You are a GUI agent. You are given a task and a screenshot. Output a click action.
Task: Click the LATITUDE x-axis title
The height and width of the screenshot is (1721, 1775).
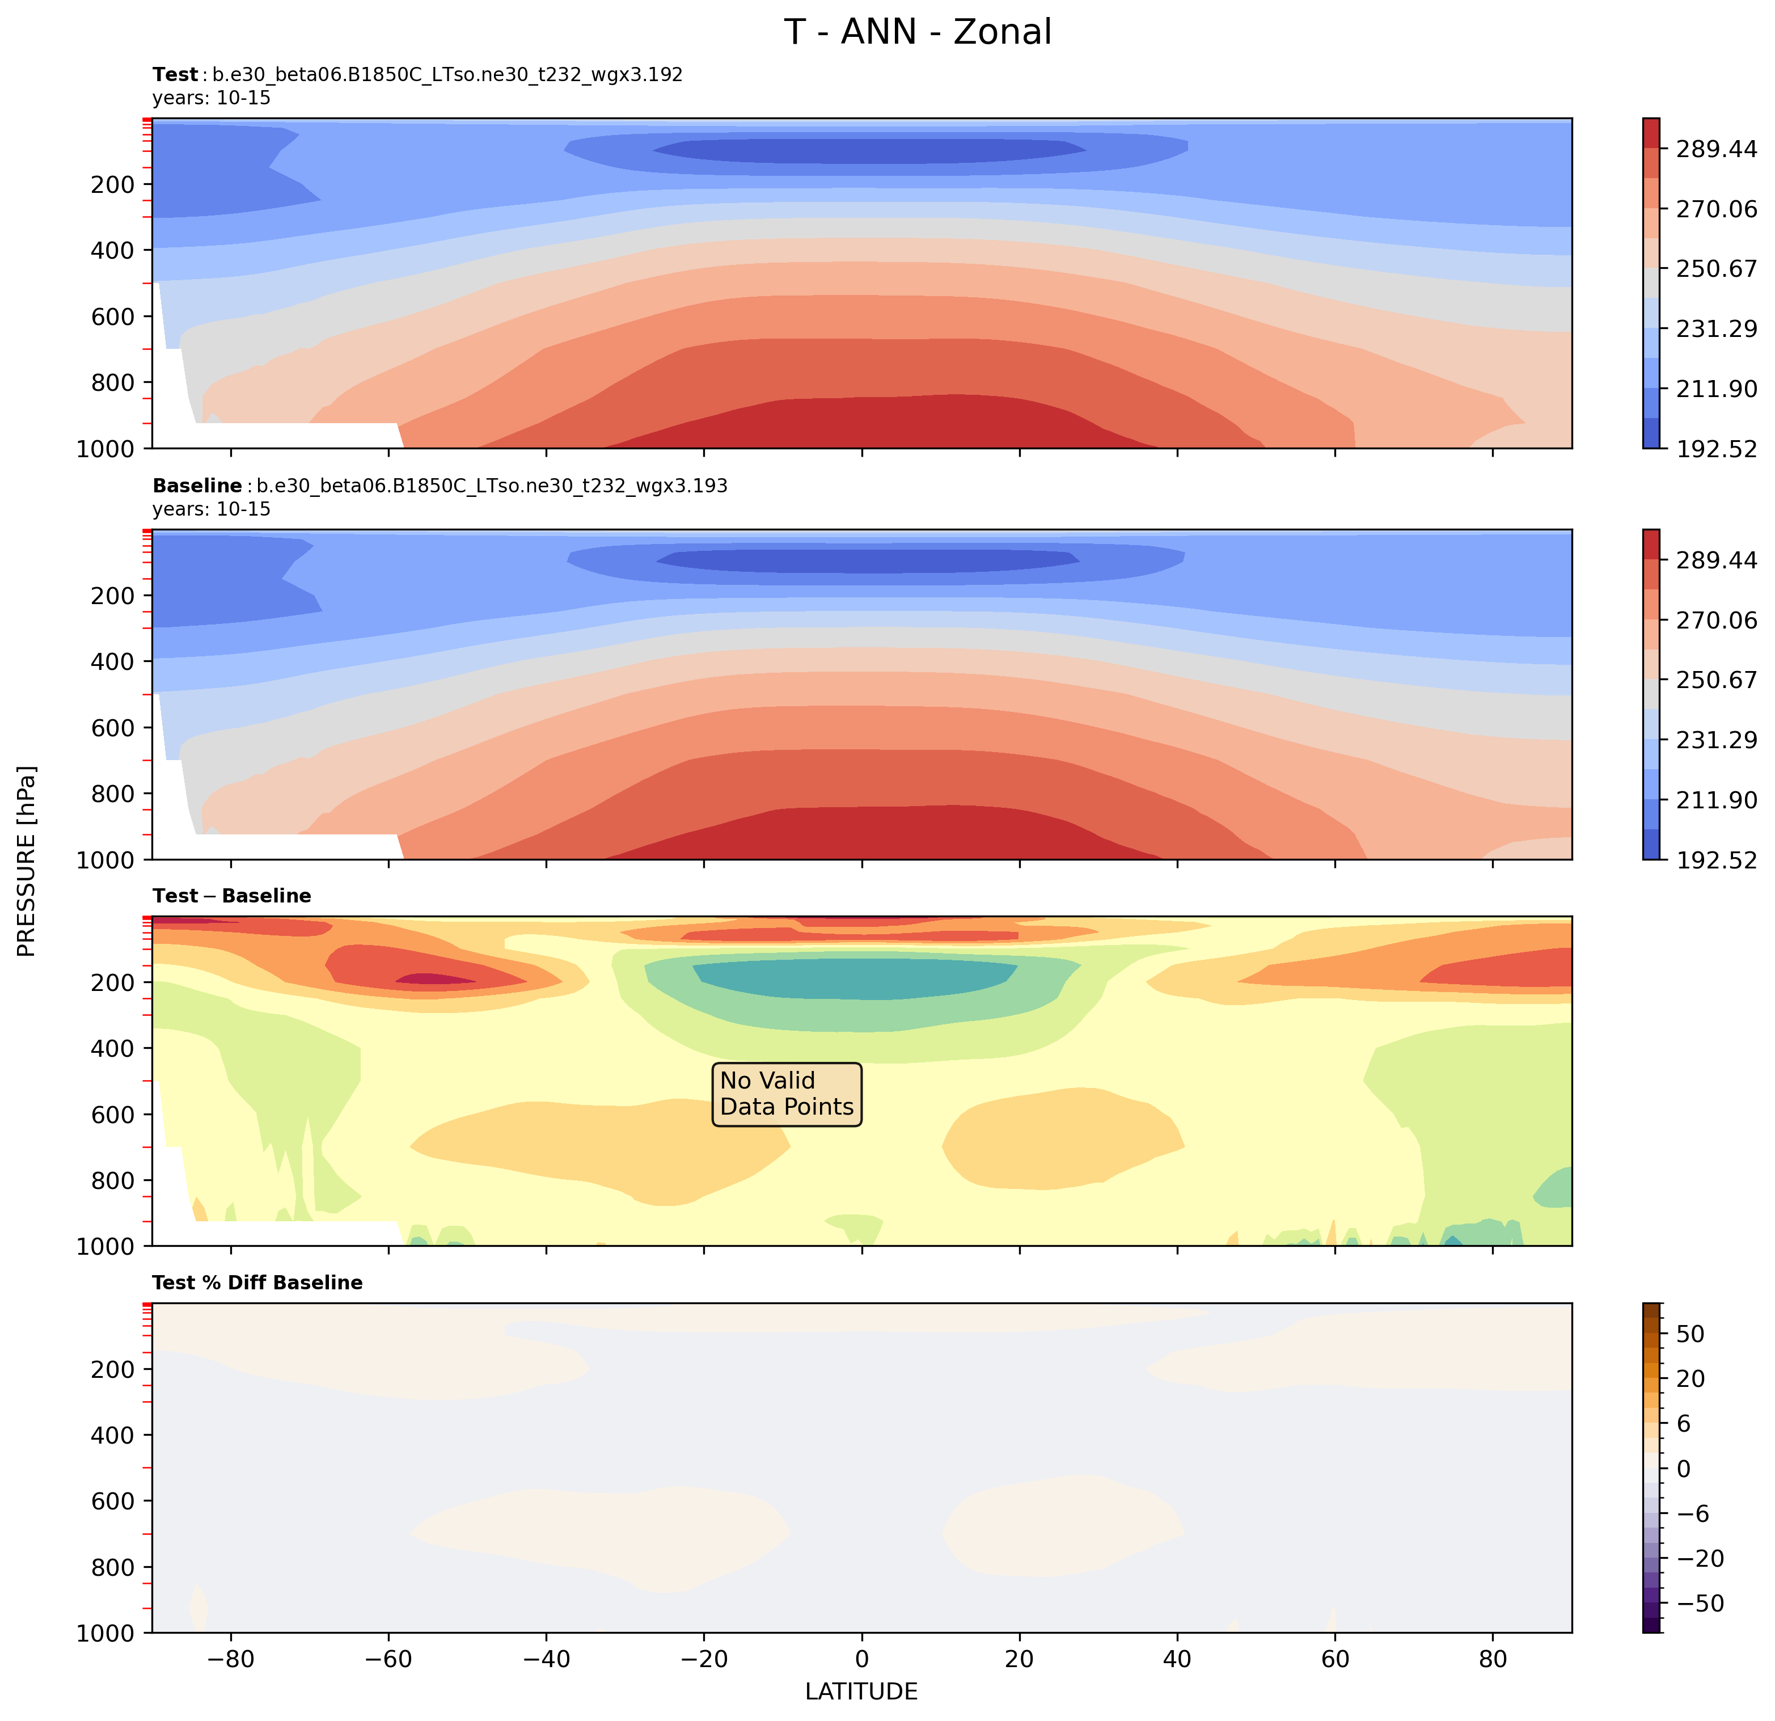pos(861,1691)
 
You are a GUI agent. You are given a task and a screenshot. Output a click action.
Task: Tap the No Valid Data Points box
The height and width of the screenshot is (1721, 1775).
pos(786,1094)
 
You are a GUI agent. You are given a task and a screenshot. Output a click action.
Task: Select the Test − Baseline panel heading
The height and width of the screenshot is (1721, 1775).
pos(232,896)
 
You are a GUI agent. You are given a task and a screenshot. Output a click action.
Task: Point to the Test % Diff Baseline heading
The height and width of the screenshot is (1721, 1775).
pos(257,1283)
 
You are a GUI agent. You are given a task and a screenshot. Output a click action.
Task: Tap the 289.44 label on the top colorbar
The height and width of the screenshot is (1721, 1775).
pos(1716,149)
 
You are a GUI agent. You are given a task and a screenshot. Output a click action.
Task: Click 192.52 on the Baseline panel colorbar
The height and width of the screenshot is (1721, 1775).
pos(1716,859)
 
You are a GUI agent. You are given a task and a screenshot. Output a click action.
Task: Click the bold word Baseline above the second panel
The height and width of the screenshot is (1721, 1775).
pos(197,487)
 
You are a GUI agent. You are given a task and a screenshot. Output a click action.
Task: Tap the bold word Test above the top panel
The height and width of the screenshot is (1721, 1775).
pos(175,74)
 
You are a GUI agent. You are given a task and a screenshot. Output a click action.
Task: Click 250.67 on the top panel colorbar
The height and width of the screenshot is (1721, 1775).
pos(1716,269)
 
